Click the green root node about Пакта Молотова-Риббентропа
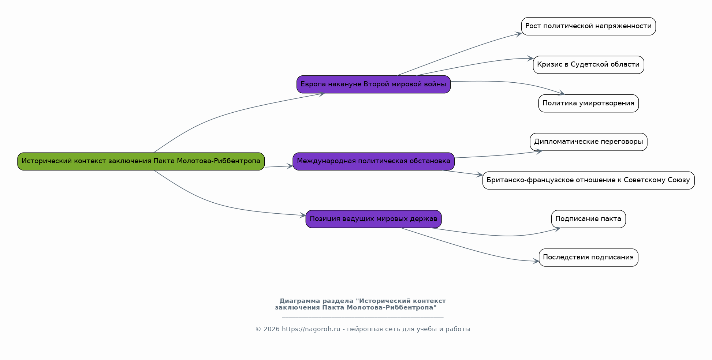pos(141,161)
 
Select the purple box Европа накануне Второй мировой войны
pos(373,85)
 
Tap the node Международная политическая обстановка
pos(373,161)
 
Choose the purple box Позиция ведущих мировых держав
pos(373,219)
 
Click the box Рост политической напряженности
pos(588,26)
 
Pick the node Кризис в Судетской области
pos(588,65)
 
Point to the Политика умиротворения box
pos(588,104)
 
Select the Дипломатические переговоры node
pos(588,142)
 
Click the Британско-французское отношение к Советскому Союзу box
pos(588,180)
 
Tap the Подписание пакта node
pos(588,219)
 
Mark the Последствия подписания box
pos(588,258)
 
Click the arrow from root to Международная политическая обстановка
pos(279,166)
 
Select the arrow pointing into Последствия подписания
pos(470,249)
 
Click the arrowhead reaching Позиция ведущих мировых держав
pos(302,215)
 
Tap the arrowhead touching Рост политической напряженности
pos(518,34)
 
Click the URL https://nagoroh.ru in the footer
pos(311,329)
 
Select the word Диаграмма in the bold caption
pos(299,301)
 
